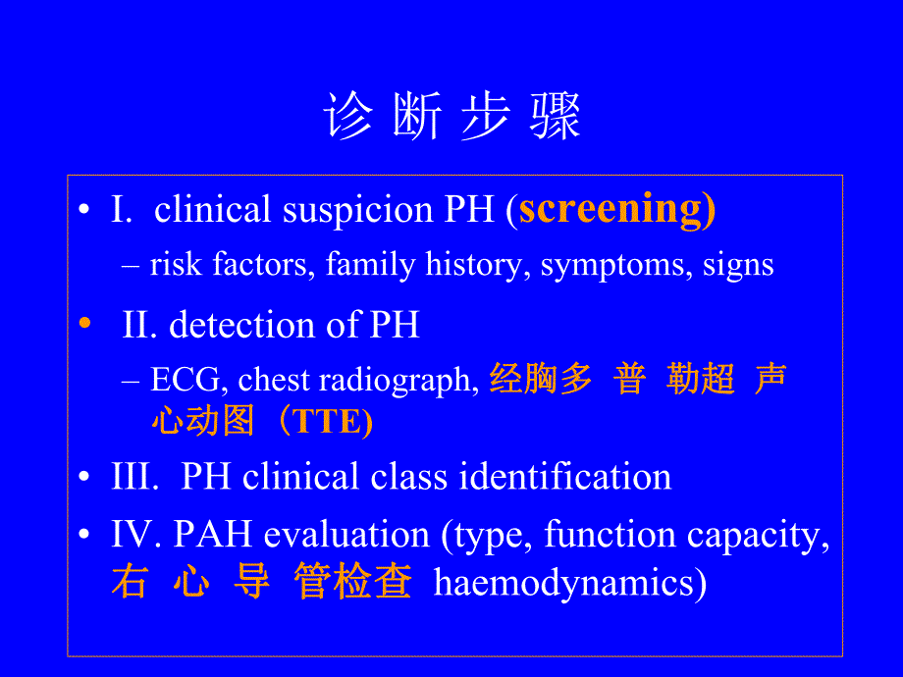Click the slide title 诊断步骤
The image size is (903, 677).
tap(451, 118)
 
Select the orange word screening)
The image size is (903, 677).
tap(616, 209)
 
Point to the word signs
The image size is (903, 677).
tap(738, 265)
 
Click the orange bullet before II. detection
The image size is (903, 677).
tap(84, 324)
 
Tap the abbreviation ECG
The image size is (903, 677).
tap(188, 381)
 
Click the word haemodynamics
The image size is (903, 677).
tap(569, 584)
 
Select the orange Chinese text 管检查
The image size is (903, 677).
tap(352, 583)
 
